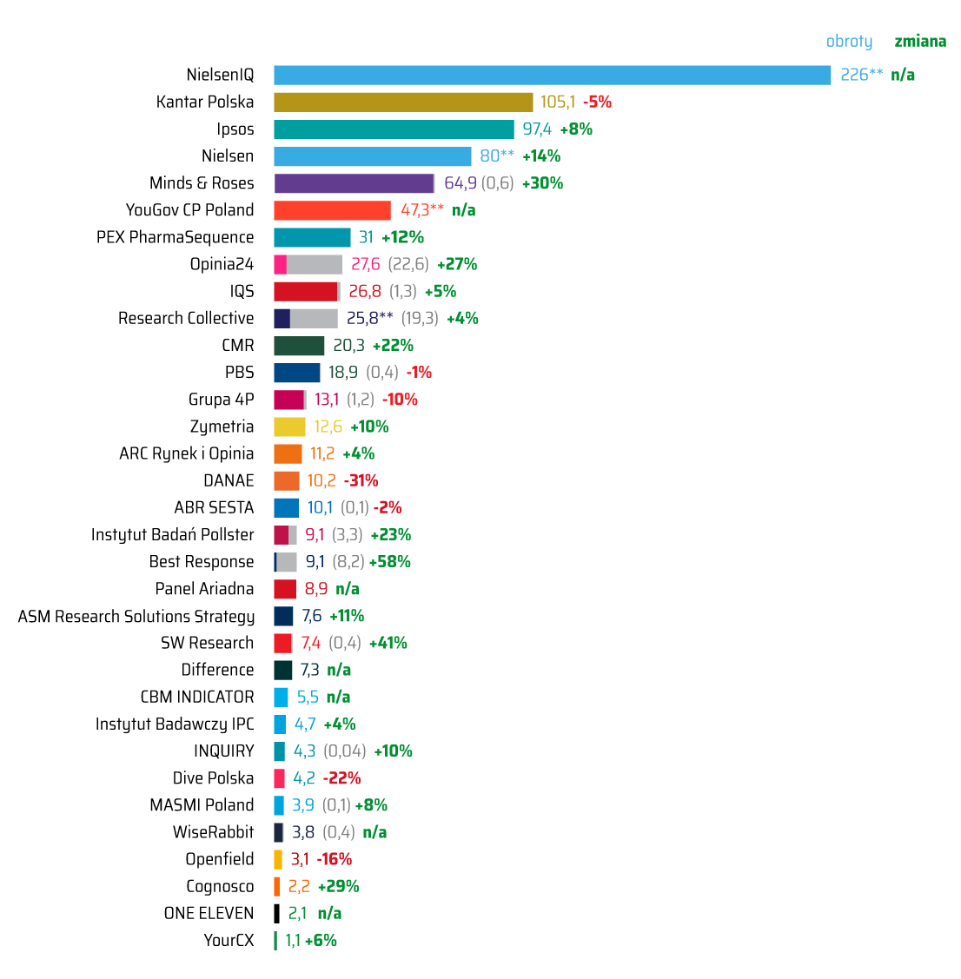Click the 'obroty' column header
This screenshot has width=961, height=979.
pos(849,42)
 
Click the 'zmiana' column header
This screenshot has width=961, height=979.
pos(920,42)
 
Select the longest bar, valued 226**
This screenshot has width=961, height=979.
pos(552,76)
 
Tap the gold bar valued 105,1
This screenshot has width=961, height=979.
pos(403,103)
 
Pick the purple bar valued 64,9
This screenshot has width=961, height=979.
pos(354,183)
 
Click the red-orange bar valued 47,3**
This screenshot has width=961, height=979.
pos(332,210)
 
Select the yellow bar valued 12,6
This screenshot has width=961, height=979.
pos(289,427)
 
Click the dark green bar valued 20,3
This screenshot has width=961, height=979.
pos(299,346)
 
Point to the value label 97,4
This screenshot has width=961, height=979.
pos(537,129)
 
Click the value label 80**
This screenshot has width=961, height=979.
pos(497,156)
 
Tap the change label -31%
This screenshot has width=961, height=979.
pos(361,480)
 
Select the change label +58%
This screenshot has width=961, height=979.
pos(390,562)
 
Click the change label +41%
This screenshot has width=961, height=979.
pos(388,643)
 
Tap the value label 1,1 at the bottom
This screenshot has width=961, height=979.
pos(293,941)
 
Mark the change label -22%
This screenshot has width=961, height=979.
pos(341,778)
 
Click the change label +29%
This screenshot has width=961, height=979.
pos(338,886)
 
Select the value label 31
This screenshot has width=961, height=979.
pos(366,237)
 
